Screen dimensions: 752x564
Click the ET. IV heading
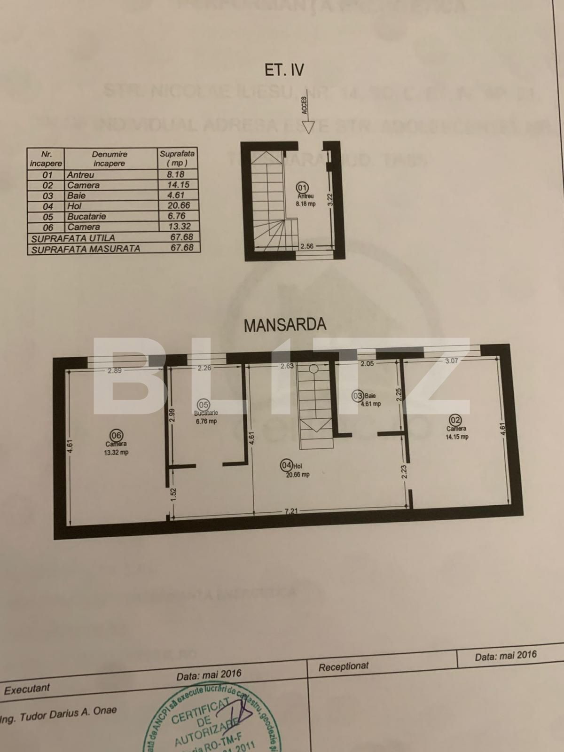(284, 70)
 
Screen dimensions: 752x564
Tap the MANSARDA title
(285, 325)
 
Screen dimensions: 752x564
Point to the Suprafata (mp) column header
(177, 158)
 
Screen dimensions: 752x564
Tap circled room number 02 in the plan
(455, 420)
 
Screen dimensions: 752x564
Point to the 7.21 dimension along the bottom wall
(291, 511)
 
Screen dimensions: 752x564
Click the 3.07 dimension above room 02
(451, 361)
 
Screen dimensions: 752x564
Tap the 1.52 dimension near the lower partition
(173, 496)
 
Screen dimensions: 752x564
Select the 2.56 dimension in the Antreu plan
(307, 246)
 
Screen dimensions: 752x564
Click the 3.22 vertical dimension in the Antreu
(330, 200)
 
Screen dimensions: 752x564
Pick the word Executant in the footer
(27, 689)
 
